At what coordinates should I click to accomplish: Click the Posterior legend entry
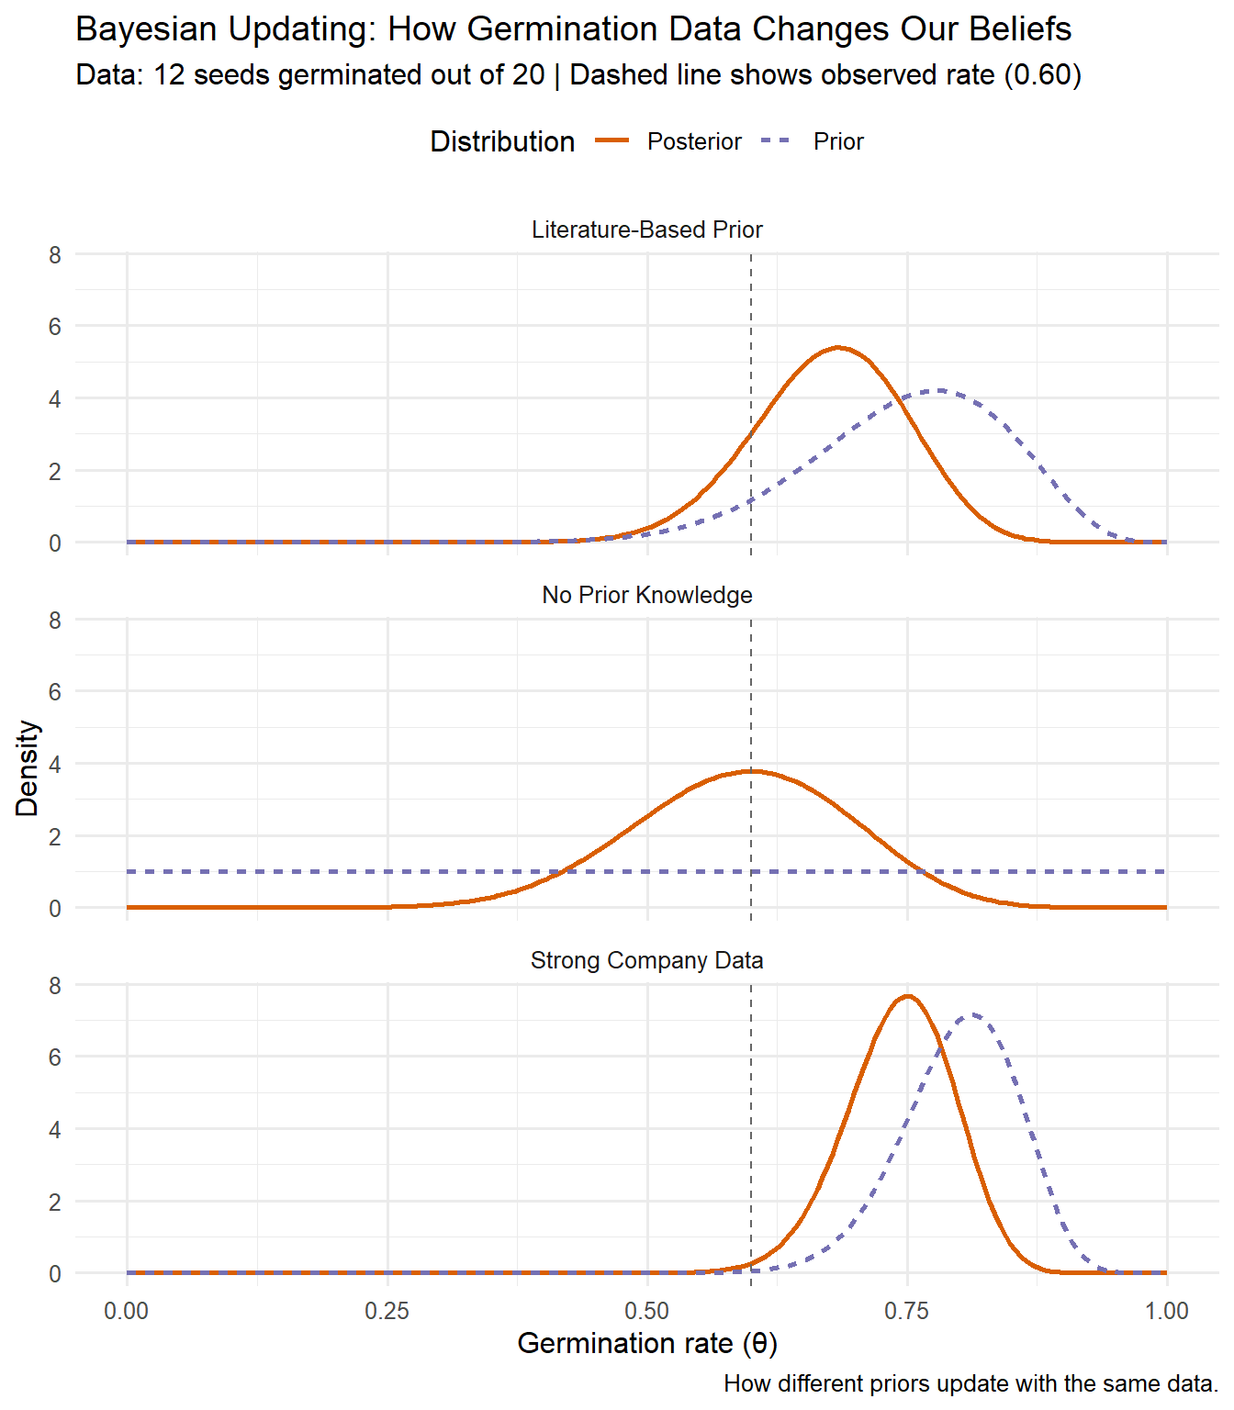point(693,141)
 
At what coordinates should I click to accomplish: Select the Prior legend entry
point(837,141)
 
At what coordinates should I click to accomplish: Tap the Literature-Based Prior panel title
point(646,229)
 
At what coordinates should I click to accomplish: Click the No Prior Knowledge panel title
point(646,595)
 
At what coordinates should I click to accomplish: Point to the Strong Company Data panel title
point(646,960)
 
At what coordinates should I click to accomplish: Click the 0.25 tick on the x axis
point(387,1311)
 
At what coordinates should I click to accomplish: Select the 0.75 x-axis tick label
point(907,1311)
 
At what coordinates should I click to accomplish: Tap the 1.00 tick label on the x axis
point(1166,1311)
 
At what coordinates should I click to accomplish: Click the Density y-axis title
point(28,768)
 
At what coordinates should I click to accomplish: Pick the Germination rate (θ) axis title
point(647,1343)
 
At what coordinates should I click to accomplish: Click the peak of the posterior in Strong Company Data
point(908,996)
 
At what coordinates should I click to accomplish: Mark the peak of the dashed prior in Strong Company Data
point(973,1014)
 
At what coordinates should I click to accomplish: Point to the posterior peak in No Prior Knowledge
point(751,771)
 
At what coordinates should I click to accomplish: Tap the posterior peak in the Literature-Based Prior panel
point(838,347)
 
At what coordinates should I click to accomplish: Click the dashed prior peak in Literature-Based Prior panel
point(937,390)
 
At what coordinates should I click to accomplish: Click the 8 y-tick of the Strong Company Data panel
point(55,985)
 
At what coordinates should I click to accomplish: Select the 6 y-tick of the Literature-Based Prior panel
point(55,327)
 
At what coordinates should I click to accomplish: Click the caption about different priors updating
point(970,1383)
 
